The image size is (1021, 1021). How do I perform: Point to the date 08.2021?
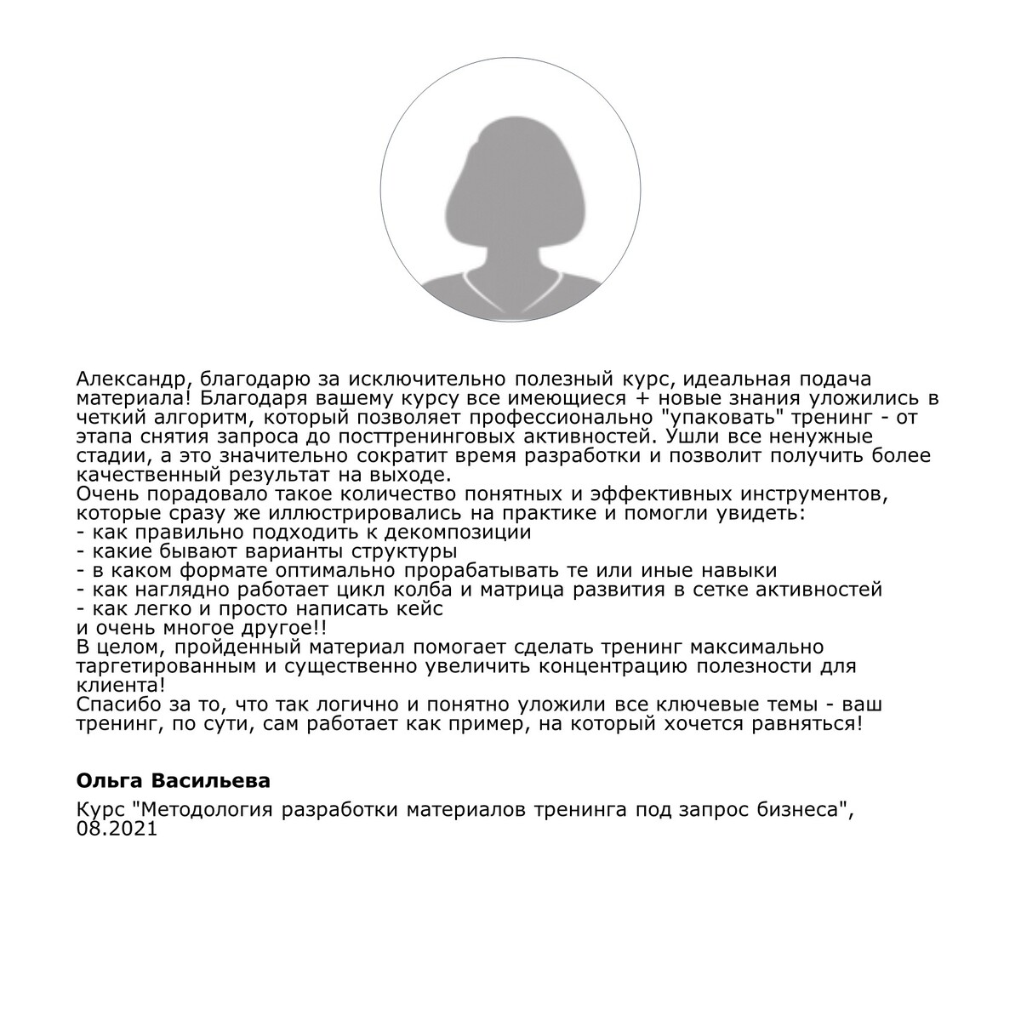pos(117,830)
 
